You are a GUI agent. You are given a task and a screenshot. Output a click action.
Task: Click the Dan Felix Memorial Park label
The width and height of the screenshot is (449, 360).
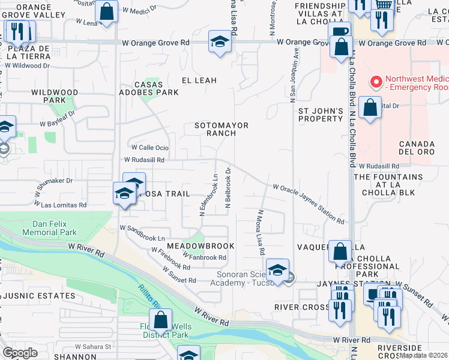pyautogui.click(x=50, y=228)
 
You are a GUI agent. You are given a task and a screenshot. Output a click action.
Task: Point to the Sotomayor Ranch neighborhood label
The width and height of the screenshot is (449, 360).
pyautogui.click(x=221, y=129)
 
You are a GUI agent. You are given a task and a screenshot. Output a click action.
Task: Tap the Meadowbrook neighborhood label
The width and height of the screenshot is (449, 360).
pyautogui.click(x=200, y=246)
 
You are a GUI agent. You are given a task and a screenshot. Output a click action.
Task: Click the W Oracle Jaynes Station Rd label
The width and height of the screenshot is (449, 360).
pyautogui.click(x=309, y=204)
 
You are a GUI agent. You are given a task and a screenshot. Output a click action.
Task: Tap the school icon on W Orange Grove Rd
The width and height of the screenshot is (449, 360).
pyautogui.click(x=220, y=42)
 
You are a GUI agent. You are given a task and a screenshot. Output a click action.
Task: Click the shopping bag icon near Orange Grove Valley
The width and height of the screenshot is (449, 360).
pyautogui.click(x=106, y=11)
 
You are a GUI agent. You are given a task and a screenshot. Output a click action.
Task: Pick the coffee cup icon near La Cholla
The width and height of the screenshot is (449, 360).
pyautogui.click(x=340, y=31)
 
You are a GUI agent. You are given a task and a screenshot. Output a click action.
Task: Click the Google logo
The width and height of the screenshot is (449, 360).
pyautogui.click(x=20, y=353)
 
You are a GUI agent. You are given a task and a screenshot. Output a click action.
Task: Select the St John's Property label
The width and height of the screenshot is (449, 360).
pyautogui.click(x=321, y=115)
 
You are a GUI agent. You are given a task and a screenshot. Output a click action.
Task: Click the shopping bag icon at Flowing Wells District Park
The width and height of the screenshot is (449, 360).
pyautogui.click(x=160, y=320)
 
